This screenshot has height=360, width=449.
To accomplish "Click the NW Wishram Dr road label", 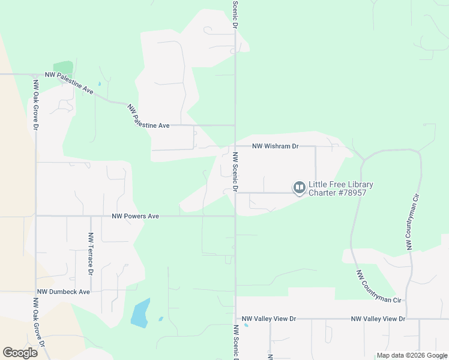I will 275,146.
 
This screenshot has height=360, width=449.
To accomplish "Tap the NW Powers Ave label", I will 135,216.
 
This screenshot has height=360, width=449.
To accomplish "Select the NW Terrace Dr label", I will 91,254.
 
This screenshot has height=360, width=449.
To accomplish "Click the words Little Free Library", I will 340,184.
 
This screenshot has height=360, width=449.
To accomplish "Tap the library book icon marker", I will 298,188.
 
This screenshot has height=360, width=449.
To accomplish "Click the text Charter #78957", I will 337,193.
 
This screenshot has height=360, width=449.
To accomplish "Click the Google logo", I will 20,352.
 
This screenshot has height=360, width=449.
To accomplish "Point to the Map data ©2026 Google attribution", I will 411,355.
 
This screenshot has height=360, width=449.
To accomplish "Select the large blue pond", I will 140,314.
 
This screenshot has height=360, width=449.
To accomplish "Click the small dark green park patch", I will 63,68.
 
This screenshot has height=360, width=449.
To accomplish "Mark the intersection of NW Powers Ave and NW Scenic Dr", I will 235,216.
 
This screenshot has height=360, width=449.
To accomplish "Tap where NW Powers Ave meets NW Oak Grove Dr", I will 36,216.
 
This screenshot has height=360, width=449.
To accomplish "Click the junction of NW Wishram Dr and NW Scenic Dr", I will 235,146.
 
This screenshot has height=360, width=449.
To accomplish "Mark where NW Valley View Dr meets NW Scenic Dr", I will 235,319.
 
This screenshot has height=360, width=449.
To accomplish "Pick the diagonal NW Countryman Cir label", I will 379,287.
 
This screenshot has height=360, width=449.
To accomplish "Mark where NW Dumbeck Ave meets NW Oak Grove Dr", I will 36,292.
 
